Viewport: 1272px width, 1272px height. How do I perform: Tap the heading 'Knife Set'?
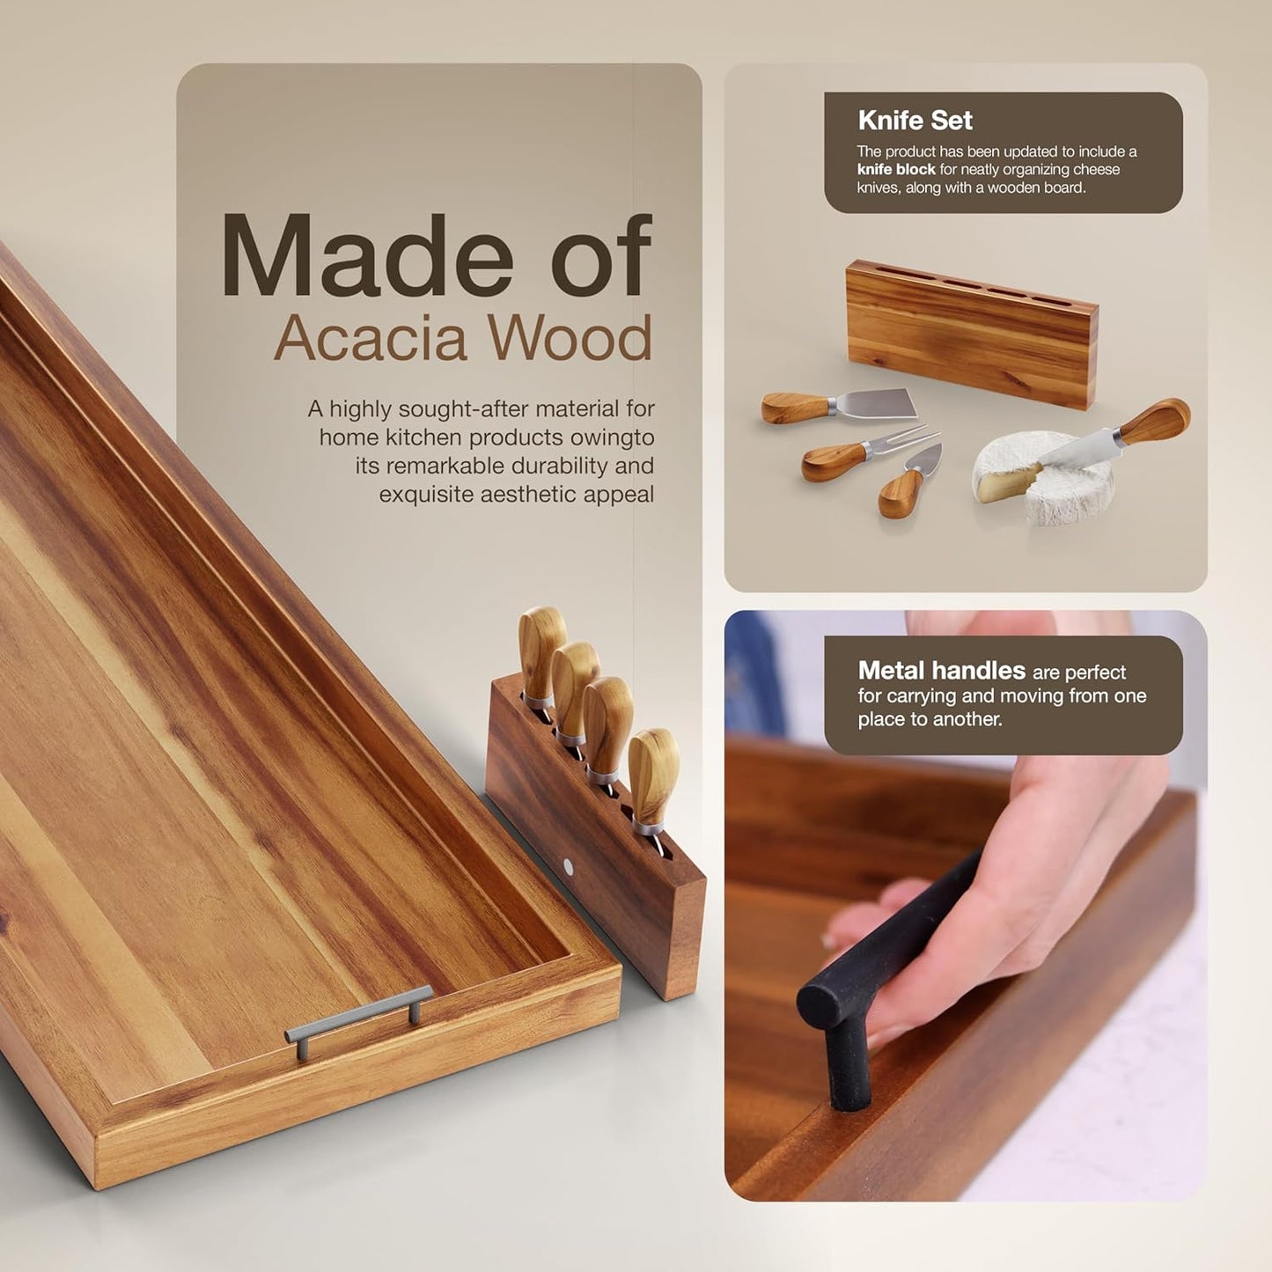tap(915, 121)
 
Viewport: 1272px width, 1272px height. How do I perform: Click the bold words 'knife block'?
tap(895, 170)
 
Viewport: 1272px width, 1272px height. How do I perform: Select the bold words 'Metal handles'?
tap(941, 671)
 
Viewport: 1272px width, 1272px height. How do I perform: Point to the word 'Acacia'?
tap(370, 338)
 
